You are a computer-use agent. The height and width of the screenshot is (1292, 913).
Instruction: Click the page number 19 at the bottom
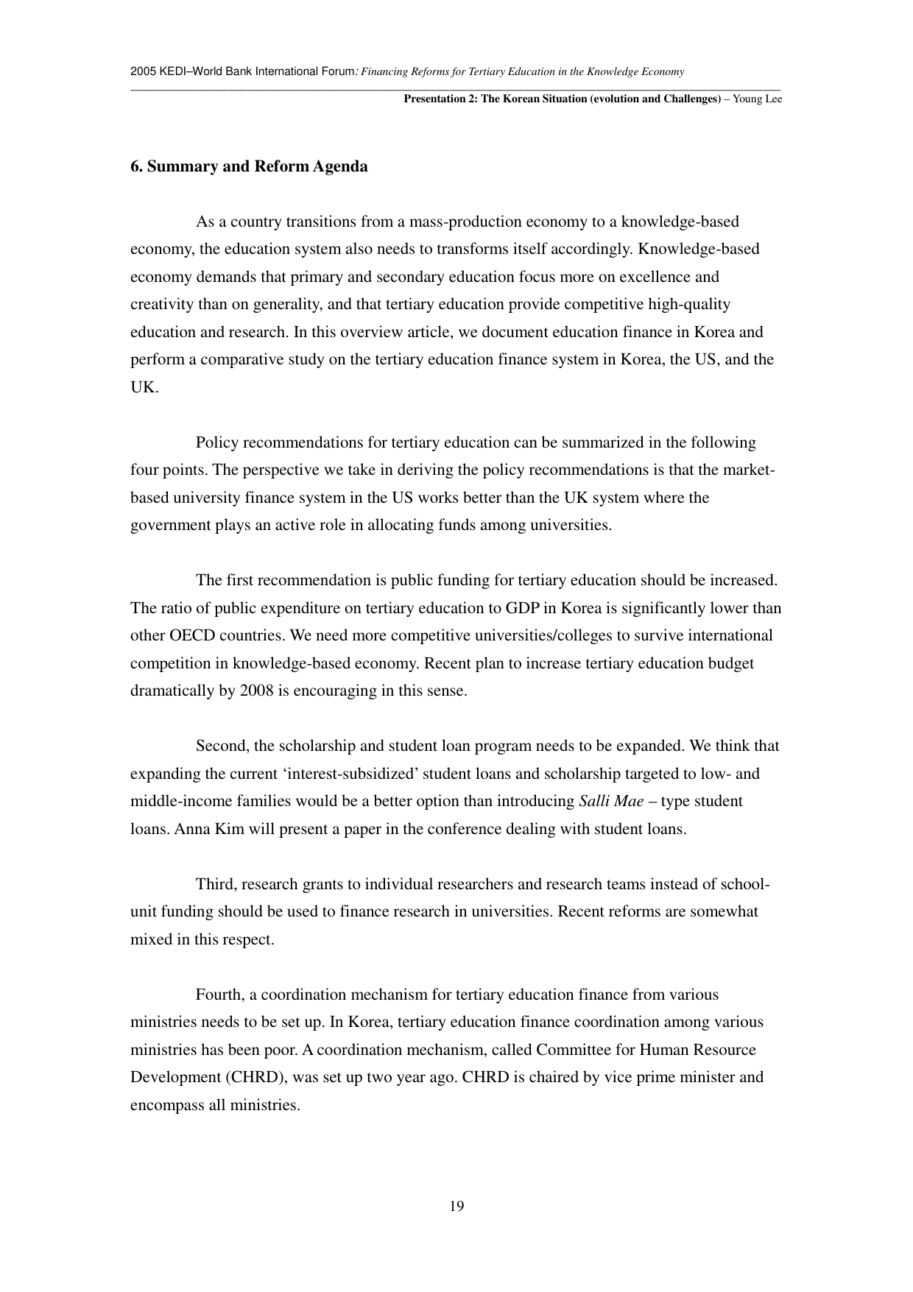(x=456, y=1206)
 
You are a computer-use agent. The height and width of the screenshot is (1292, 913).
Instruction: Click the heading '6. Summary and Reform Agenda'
(x=249, y=166)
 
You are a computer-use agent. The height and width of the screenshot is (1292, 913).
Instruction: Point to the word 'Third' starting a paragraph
(x=214, y=884)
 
